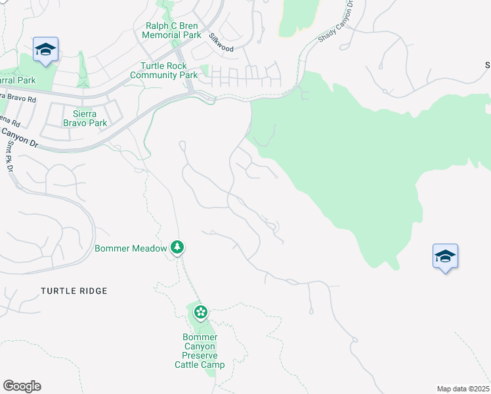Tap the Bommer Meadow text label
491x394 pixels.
point(131,248)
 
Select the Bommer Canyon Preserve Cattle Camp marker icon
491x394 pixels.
point(201,311)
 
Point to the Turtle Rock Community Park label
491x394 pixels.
point(164,70)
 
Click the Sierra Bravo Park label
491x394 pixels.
point(85,118)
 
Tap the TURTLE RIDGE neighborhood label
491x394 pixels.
point(74,290)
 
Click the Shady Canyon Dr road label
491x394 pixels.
point(336,27)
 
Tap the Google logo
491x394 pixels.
point(22,386)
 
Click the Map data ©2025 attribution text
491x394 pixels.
point(463,389)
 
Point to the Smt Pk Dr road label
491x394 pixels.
point(10,158)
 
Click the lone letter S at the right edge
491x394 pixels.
point(488,64)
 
